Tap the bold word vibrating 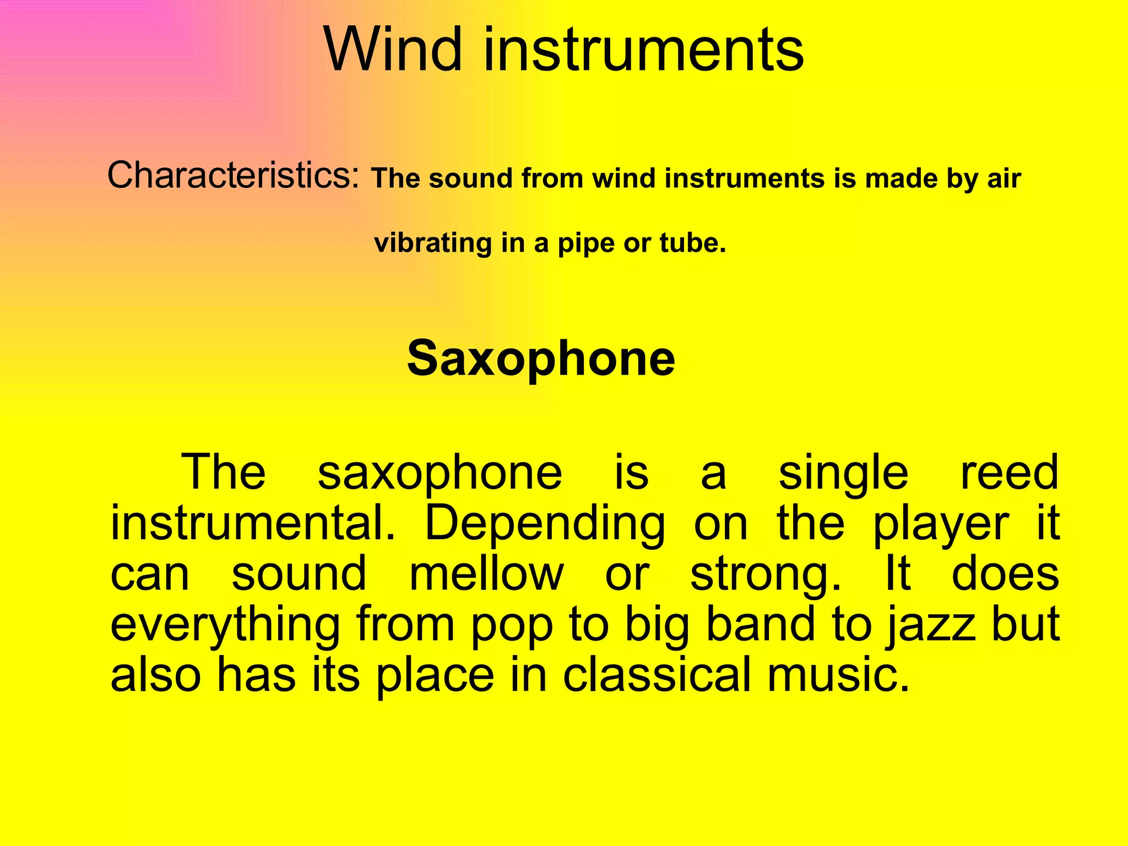pos(433,243)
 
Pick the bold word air pos(1005,179)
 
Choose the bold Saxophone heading pos(541,359)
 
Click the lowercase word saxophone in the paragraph pos(440,473)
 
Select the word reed pos(1009,473)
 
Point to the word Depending pos(545,524)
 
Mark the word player pos(941,524)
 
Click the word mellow pos(487,574)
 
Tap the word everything pos(225,626)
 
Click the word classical pos(657,675)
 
